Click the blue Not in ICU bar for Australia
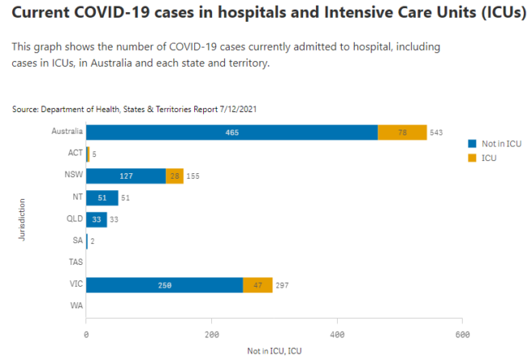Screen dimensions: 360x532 click(231, 132)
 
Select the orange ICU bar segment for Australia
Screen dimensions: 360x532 click(402, 132)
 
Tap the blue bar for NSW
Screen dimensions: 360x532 click(126, 176)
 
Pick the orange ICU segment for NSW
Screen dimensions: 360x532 click(174, 176)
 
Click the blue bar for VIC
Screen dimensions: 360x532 click(164, 284)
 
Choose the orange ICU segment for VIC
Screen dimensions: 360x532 click(257, 284)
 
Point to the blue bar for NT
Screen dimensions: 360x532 click(102, 197)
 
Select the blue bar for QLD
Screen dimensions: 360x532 click(96, 219)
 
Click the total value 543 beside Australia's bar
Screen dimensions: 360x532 click(439, 133)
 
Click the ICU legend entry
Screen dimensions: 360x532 click(489, 158)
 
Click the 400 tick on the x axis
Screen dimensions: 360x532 click(337, 333)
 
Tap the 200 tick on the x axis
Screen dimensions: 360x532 click(212, 333)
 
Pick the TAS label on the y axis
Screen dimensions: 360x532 click(73, 263)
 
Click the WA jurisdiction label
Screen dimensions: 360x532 click(74, 306)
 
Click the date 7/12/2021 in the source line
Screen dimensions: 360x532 click(238, 108)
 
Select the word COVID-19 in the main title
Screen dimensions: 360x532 click(110, 14)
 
